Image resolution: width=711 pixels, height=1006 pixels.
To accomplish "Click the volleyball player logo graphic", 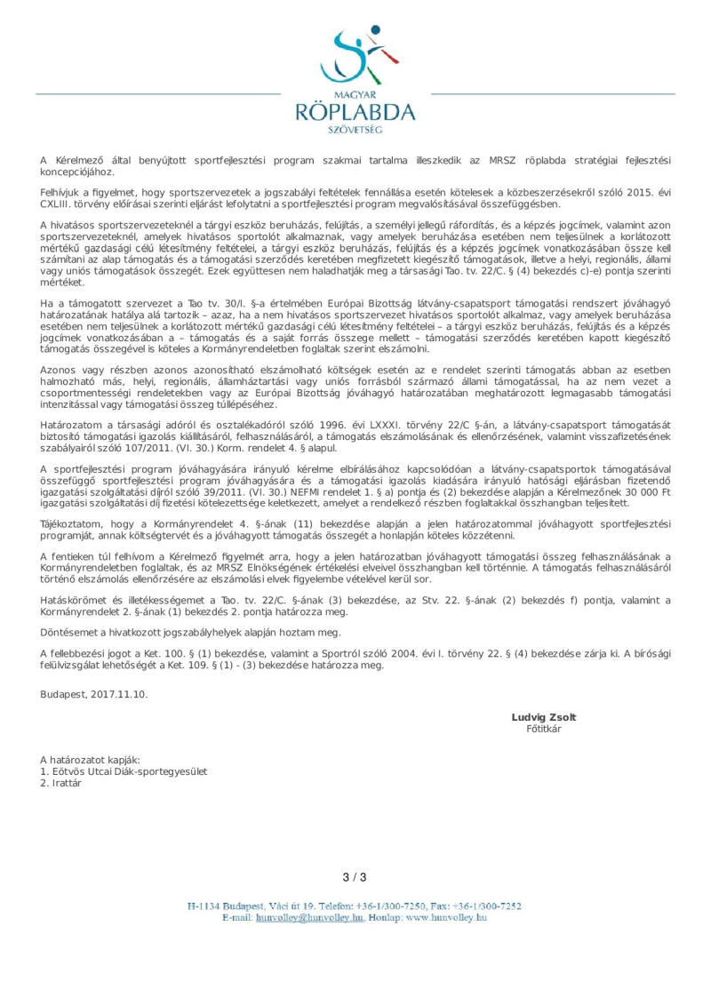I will [355, 56].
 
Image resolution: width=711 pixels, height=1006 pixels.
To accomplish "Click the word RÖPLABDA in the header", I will [355, 111].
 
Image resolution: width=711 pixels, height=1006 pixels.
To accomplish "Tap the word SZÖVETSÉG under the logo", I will [355, 130].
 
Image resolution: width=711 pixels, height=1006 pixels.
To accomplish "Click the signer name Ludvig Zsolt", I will [543, 717].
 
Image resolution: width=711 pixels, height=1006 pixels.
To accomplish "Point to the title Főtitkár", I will [543, 729].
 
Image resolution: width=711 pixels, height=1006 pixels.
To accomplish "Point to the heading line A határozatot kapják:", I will [90, 760].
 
